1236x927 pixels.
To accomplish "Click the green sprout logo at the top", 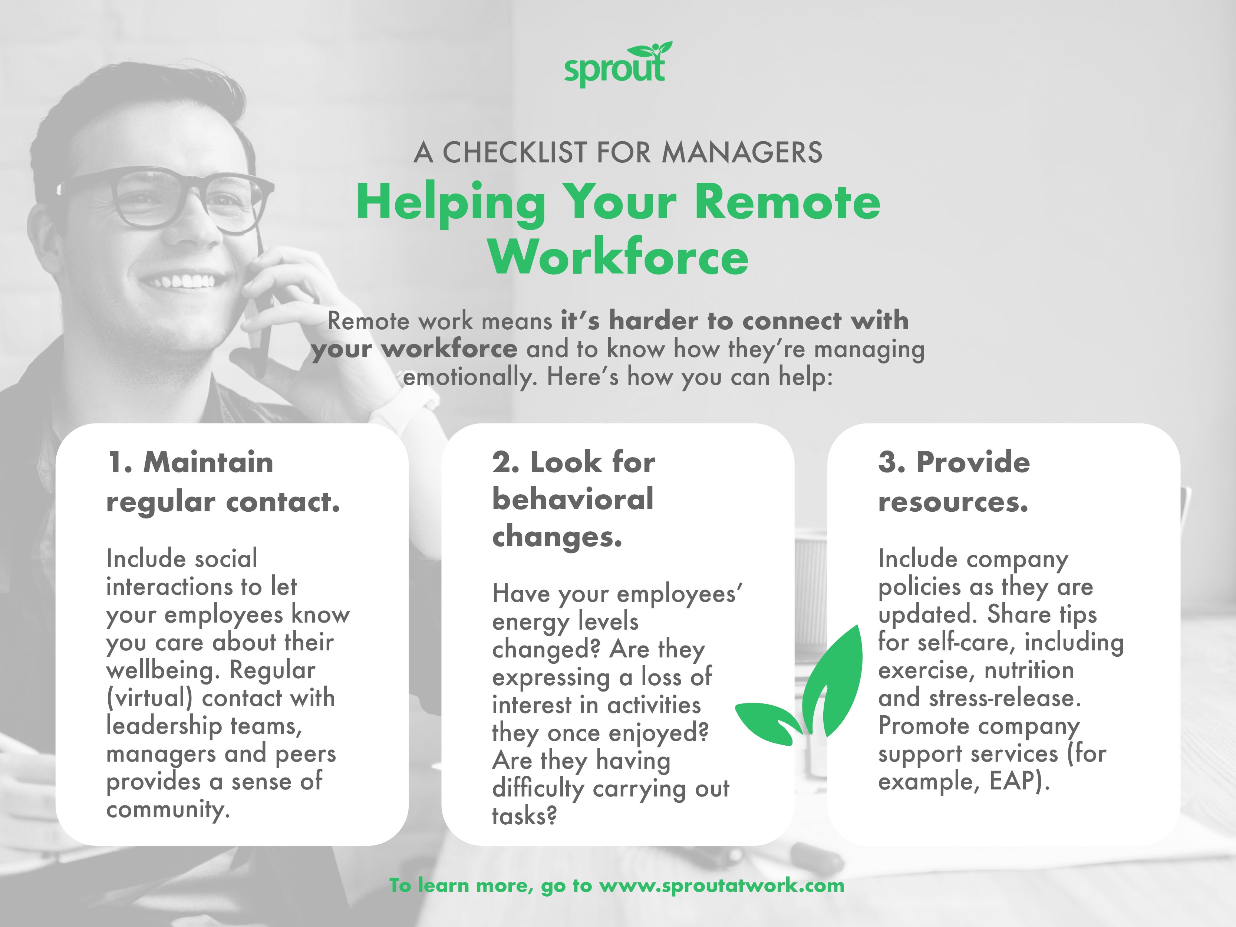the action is pyautogui.click(x=617, y=65).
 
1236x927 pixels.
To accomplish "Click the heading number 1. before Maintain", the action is pyautogui.click(x=120, y=463).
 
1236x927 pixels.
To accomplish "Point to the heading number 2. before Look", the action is pyautogui.click(x=506, y=463).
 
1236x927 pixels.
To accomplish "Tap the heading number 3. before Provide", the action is pyautogui.click(x=892, y=463).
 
